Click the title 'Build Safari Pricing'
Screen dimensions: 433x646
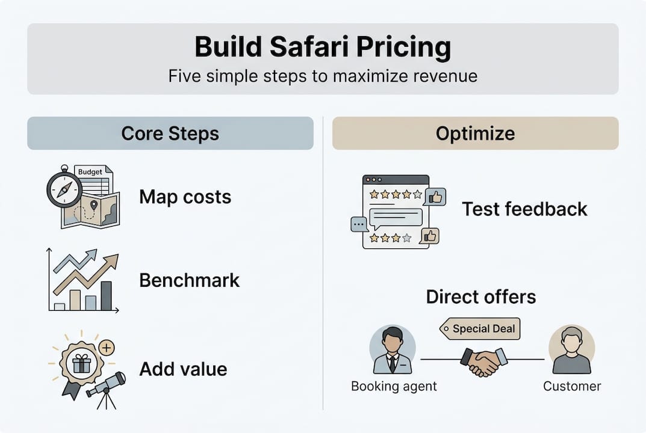[x=323, y=48]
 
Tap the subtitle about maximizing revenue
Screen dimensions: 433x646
[x=323, y=76]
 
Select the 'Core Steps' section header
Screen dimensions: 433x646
[x=170, y=133]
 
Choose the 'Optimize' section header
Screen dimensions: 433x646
[x=475, y=133]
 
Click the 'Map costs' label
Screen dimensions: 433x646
[x=185, y=197]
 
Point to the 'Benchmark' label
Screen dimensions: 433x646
[x=189, y=280]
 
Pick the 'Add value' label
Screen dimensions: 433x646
[x=183, y=369]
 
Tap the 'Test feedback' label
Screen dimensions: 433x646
[x=524, y=209]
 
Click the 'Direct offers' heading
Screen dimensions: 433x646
[x=481, y=296]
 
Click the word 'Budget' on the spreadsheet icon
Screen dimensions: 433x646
[x=90, y=172]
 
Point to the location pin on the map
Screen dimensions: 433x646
[x=93, y=206]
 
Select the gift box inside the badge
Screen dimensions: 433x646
[x=81, y=363]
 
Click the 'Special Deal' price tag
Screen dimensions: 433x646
[x=480, y=329]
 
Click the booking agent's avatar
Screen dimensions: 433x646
[x=392, y=351]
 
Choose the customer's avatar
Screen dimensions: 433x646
[x=571, y=351]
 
